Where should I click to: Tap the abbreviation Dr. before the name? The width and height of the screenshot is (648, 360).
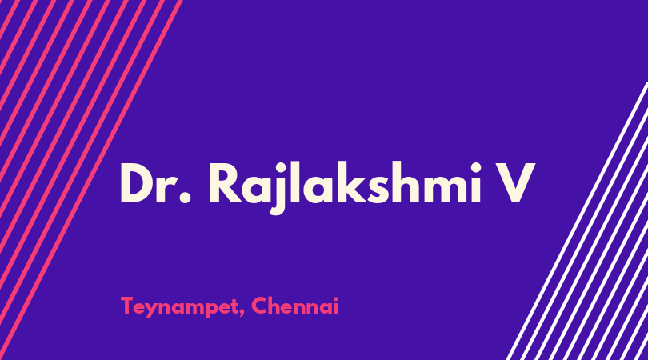point(155,183)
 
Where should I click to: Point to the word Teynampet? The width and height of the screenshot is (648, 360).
point(180,307)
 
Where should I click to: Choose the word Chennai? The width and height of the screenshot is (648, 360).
point(294,306)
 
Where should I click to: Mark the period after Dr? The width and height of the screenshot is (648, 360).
point(186,198)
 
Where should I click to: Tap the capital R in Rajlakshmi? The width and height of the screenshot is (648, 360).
point(225,183)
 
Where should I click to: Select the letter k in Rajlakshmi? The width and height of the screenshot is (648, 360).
point(351,182)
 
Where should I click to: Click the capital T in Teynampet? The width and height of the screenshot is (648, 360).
point(129,306)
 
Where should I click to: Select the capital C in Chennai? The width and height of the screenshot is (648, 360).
point(260,306)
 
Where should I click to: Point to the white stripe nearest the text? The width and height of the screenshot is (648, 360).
point(577,221)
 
